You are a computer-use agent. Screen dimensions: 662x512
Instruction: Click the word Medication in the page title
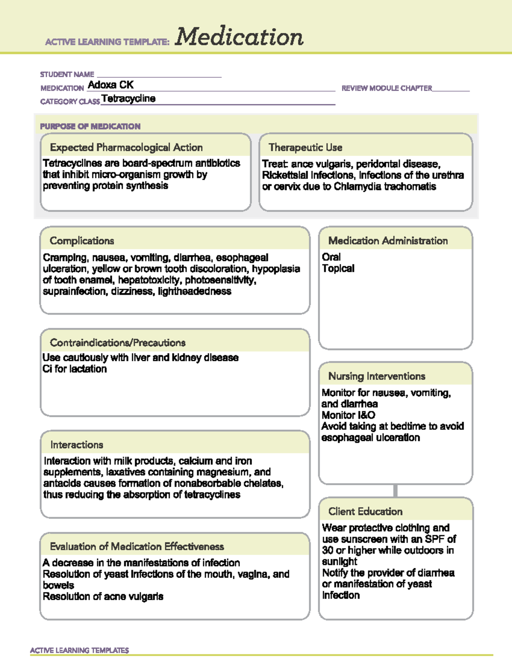click(x=239, y=37)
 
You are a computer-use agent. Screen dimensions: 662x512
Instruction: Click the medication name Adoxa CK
click(x=111, y=85)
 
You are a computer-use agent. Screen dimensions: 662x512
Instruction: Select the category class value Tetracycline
click(x=128, y=99)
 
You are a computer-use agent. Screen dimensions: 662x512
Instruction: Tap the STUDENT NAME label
click(x=67, y=75)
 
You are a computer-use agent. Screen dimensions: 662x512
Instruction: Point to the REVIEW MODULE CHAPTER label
click(x=387, y=88)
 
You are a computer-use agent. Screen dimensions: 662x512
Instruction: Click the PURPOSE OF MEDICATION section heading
click(x=90, y=127)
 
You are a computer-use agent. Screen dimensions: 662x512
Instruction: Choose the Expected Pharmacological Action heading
click(x=126, y=147)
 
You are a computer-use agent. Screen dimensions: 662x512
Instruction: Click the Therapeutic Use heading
click(x=305, y=147)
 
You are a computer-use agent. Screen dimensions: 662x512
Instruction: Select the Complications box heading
click(x=82, y=241)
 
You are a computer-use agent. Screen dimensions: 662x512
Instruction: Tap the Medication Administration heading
click(x=388, y=241)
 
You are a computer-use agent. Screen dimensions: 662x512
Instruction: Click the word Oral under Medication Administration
click(x=331, y=257)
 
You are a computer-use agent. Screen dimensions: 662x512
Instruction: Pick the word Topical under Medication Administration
click(x=338, y=269)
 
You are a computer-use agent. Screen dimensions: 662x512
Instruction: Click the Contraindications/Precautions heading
click(x=117, y=343)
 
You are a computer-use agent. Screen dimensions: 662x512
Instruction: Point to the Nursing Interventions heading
click(x=377, y=376)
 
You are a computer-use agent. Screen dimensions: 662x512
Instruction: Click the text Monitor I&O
click(x=348, y=415)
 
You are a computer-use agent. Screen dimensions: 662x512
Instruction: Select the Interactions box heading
click(x=77, y=445)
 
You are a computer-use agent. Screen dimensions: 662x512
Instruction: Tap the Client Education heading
click(x=365, y=512)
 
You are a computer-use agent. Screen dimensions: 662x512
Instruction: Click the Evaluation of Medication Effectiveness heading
click(x=137, y=546)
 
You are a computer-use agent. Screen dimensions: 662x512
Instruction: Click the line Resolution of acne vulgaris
click(x=103, y=597)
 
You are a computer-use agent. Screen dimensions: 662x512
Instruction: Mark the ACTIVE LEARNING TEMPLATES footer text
click(x=79, y=650)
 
